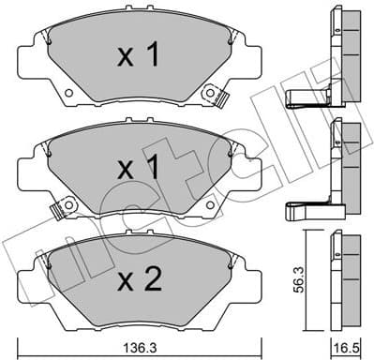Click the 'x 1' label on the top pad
click(x=137, y=57)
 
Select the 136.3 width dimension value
click(x=140, y=347)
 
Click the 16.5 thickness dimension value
click(x=349, y=347)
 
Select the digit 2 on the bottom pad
click(x=152, y=280)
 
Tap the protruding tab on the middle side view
click(x=309, y=204)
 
